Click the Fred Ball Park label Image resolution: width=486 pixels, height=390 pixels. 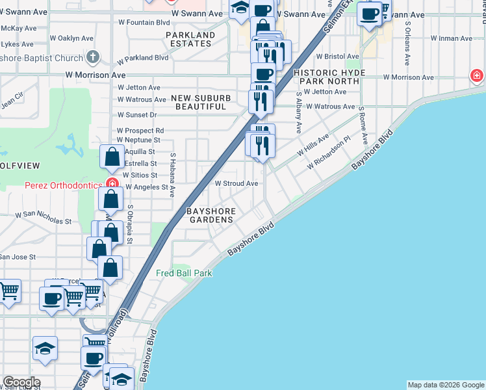tap(184, 273)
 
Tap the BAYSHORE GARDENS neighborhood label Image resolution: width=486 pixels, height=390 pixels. tap(210, 215)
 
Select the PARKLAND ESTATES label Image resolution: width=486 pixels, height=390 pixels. tap(190, 39)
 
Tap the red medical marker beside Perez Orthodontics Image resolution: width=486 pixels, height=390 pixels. tap(113, 184)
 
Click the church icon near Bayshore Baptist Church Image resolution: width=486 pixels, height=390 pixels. tap(94, 58)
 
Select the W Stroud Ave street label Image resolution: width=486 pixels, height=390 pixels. tap(237, 184)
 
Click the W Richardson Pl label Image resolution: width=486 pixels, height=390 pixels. tap(329, 153)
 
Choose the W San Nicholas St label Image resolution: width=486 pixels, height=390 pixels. tap(44, 218)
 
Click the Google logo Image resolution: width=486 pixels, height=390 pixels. tap(21, 382)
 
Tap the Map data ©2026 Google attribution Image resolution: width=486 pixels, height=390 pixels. tap(445, 385)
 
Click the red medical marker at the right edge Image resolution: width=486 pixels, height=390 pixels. tap(478, 77)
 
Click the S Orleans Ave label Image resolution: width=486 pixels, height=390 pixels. tap(407, 43)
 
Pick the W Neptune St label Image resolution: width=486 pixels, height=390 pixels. tap(138, 140)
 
